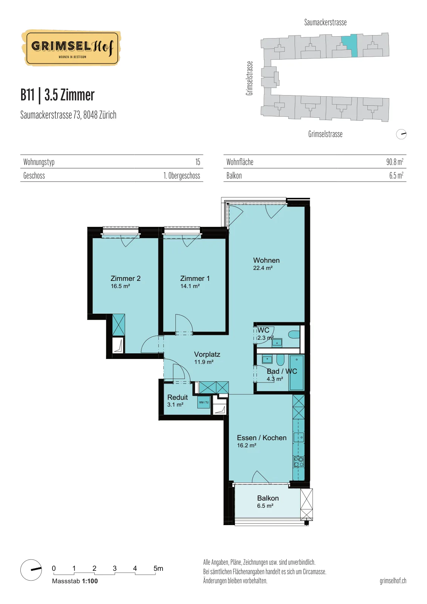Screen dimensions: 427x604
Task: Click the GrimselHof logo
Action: (71, 48)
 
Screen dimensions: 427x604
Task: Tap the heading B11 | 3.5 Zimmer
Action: (57, 95)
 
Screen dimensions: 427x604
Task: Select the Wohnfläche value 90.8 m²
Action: (395, 162)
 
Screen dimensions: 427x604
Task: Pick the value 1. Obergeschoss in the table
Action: (181, 176)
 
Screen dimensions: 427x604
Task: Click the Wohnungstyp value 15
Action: (198, 162)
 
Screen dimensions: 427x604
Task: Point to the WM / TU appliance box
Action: (204, 402)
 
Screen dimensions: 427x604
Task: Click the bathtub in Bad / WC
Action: (296, 372)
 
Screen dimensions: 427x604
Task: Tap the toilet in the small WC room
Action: (294, 335)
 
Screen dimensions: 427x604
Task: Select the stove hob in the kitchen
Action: (298, 462)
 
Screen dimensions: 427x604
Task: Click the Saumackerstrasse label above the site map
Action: (326, 22)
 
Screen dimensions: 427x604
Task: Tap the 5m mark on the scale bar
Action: (158, 569)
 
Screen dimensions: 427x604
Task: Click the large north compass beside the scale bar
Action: (31, 570)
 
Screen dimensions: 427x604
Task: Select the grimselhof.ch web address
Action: (393, 581)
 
